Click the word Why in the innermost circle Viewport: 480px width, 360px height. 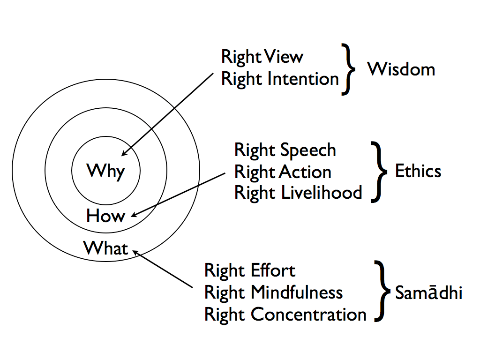tap(105, 171)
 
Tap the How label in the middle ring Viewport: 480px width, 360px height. tap(105, 216)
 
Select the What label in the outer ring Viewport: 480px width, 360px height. tap(105, 247)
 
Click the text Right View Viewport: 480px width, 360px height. tap(262, 57)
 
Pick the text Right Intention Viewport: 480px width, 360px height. tap(280, 79)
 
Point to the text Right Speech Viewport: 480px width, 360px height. tap(285, 150)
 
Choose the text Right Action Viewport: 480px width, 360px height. tap(283, 172)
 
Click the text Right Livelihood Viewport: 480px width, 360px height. tap(298, 193)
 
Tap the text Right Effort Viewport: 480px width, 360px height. tap(250, 270)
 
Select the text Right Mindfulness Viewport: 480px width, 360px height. tap(274, 292)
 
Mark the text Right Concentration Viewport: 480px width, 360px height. tap(285, 314)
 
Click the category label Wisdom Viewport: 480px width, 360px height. tap(401, 69)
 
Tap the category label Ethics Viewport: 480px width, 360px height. tap(418, 171)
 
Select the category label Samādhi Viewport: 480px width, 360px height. tap(428, 292)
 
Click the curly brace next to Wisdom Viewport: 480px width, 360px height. tap(347, 69)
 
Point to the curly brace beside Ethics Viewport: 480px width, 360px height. tap(379, 171)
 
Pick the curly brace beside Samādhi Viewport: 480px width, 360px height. tap(382, 292)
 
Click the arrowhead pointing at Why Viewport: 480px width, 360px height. tap(124, 153)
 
